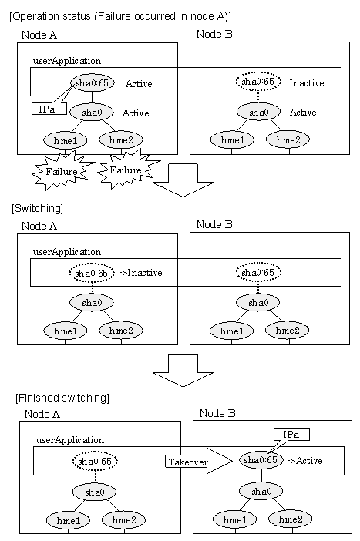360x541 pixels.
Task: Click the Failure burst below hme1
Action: [62, 172]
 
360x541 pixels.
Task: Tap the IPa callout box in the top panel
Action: [49, 109]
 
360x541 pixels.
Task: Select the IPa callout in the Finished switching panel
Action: [291, 435]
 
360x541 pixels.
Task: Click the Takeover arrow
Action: [199, 462]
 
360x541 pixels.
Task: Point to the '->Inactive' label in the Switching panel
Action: [141, 273]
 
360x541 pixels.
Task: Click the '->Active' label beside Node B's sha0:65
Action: [305, 461]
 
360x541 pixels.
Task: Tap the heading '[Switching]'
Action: [37, 208]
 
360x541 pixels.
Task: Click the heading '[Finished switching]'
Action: [62, 398]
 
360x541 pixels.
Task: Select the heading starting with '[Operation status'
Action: [120, 16]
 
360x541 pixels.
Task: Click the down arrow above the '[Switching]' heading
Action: [183, 180]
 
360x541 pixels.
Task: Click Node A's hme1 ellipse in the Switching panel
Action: [66, 331]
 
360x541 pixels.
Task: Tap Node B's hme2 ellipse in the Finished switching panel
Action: [291, 519]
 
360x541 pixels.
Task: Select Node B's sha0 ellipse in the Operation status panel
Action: [258, 113]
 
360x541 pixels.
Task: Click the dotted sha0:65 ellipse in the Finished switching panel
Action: [95, 462]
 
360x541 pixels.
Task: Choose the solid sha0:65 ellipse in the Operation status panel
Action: [93, 82]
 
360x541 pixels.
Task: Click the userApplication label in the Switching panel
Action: [67, 252]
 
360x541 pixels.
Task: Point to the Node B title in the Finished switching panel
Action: [217, 413]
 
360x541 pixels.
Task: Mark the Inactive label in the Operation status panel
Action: [307, 83]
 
